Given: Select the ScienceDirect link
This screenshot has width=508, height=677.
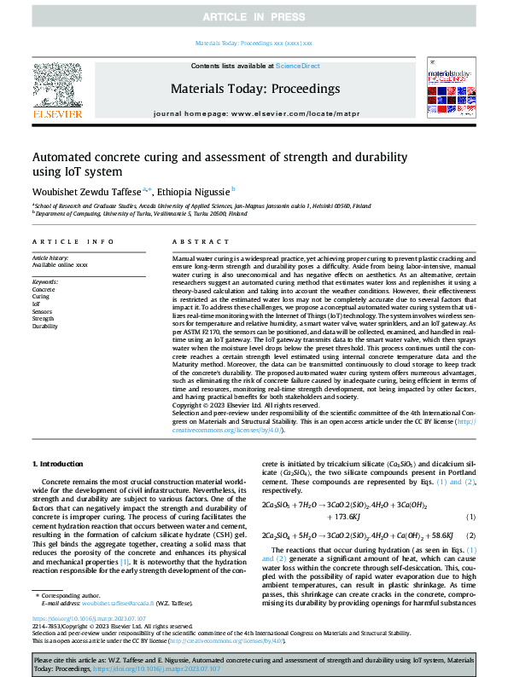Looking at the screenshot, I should tap(299, 66).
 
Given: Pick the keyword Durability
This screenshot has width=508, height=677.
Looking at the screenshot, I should tap(45, 326).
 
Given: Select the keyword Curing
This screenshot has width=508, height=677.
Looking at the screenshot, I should tap(42, 296).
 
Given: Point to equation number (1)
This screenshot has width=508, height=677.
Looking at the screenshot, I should tap(470, 518).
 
